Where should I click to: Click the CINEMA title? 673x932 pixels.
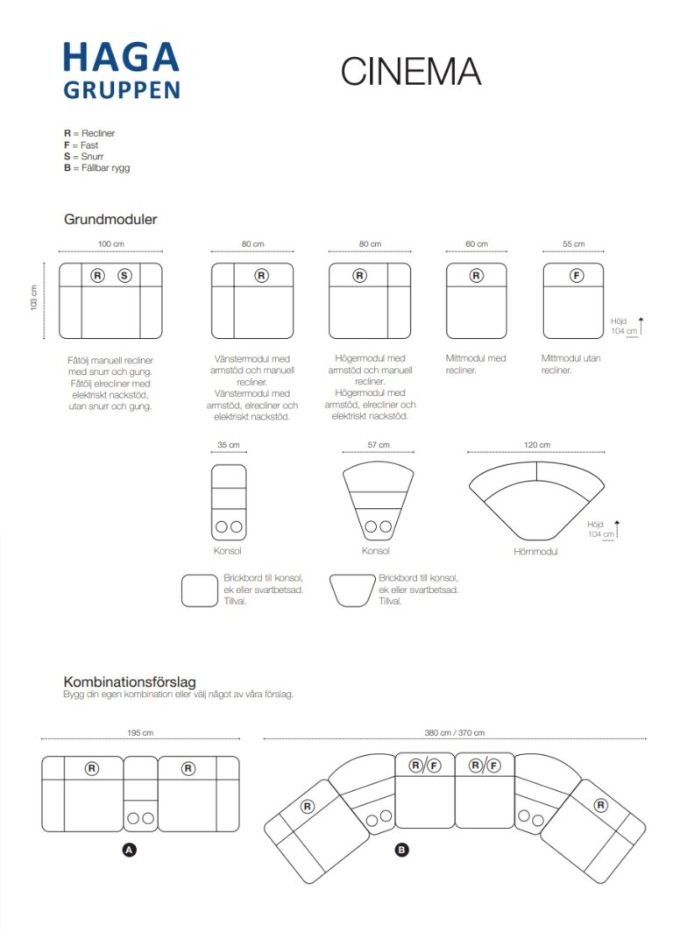[x=411, y=72]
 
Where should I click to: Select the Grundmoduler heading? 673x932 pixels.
[x=110, y=219]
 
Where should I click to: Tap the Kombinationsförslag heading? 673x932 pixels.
[x=129, y=681]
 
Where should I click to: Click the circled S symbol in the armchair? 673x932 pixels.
[x=124, y=276]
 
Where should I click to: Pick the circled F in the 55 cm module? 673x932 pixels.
[x=576, y=276]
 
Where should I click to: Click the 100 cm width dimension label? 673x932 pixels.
[x=110, y=244]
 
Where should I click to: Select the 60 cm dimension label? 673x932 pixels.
[x=476, y=244]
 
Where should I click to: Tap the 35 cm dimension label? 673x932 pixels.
[x=228, y=445]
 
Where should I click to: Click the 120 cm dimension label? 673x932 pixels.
[x=537, y=445]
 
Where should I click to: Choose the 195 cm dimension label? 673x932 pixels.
[x=140, y=733]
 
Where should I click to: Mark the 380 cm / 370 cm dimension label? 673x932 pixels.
[x=455, y=733]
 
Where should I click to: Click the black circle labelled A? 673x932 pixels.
[x=130, y=849]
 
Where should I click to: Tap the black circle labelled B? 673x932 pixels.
[x=401, y=849]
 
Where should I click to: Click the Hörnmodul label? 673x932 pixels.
[x=535, y=552]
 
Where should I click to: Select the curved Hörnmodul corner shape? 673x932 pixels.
[x=535, y=504]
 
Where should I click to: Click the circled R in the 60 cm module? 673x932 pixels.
[x=476, y=276]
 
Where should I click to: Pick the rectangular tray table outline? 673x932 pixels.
[x=199, y=590]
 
